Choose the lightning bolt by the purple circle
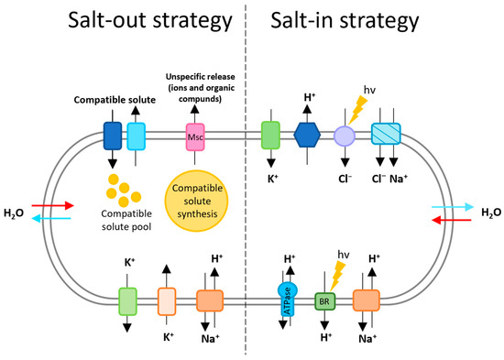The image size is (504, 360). tap(357, 112)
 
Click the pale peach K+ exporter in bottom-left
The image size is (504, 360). tap(167, 300)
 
